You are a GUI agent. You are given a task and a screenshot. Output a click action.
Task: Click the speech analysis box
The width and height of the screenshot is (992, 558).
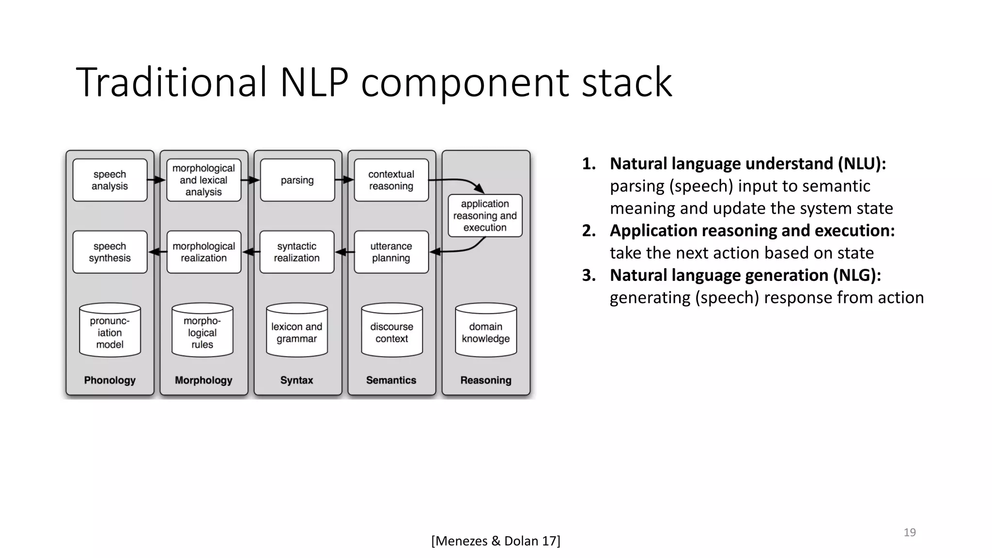(x=110, y=180)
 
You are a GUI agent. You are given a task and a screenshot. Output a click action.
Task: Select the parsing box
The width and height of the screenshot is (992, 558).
(x=297, y=180)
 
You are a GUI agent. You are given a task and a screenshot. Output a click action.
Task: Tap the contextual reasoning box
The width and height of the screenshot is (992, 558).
(x=391, y=180)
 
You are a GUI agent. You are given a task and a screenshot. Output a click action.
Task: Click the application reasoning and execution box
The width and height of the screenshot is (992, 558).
(x=485, y=216)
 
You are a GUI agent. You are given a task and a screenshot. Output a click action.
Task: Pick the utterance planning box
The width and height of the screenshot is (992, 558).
(x=391, y=252)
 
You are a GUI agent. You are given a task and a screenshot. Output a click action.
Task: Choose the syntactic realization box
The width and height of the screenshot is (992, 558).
(x=297, y=252)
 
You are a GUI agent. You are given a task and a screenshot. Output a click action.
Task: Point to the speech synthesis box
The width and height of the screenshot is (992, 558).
(x=110, y=252)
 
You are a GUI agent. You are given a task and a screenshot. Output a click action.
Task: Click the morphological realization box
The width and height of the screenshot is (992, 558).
(x=203, y=252)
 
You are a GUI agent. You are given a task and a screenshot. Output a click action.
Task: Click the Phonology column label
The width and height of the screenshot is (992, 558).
(x=110, y=380)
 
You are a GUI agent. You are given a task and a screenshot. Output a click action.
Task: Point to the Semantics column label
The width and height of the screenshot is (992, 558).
(x=391, y=380)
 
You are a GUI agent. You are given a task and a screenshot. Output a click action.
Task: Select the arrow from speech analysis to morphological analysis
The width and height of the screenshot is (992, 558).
(x=156, y=180)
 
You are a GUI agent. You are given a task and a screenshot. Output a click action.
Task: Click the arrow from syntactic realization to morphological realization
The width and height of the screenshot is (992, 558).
(x=250, y=252)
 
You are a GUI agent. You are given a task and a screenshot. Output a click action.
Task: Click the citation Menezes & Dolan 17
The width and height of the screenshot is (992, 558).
(x=496, y=541)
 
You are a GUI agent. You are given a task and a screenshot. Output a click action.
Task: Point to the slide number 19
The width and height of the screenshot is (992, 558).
(x=910, y=532)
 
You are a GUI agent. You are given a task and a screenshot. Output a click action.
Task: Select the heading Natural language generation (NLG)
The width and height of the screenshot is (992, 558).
(x=745, y=275)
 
